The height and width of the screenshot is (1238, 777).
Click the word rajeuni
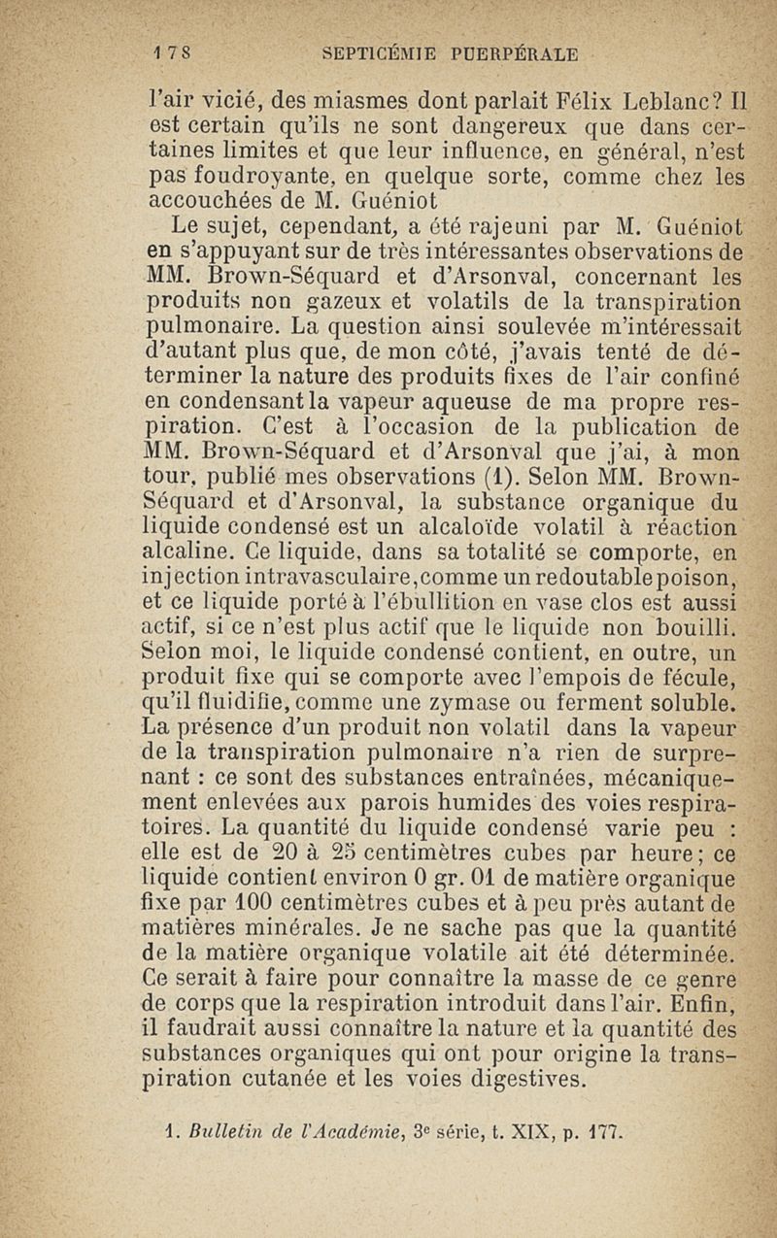[479, 228]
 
